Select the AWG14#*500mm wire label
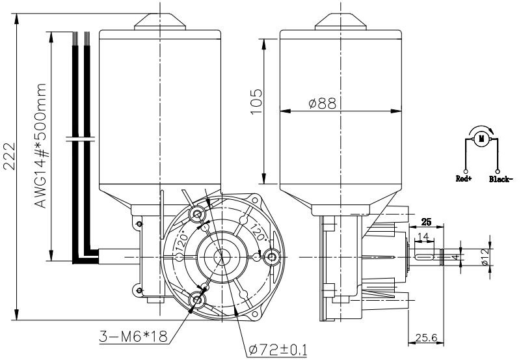[41, 145]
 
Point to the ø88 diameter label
[323, 103]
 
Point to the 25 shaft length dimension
[426, 221]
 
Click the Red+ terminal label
[463, 178]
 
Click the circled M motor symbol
[481, 137]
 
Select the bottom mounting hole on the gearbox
[197, 299]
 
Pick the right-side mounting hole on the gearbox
[271, 258]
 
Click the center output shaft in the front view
[222, 256]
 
